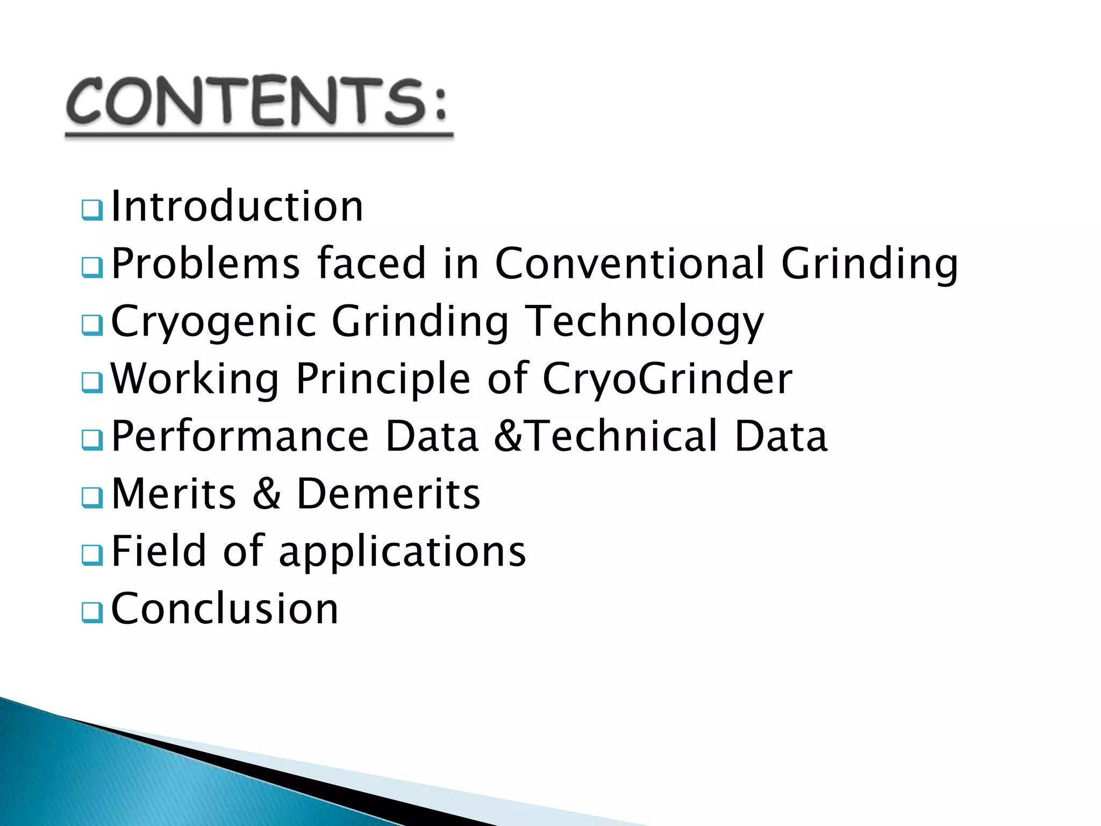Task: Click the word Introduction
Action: click(x=237, y=206)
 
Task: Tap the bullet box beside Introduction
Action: click(x=92, y=210)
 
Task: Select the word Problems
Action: click(x=205, y=264)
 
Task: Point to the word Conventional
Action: click(x=630, y=264)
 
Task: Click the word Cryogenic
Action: click(x=213, y=322)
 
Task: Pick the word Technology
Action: click(x=644, y=322)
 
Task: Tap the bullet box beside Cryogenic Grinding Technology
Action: click(x=92, y=325)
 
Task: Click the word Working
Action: click(x=195, y=379)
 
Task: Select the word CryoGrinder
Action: click(x=667, y=379)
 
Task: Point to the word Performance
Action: click(x=240, y=436)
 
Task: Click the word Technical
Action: click(x=622, y=436)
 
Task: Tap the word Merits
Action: click(x=174, y=494)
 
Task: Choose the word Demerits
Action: click(x=388, y=494)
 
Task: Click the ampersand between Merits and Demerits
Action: click(x=267, y=494)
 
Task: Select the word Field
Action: click(x=159, y=551)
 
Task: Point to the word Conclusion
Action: click(x=225, y=609)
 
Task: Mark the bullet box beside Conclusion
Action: click(x=92, y=612)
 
